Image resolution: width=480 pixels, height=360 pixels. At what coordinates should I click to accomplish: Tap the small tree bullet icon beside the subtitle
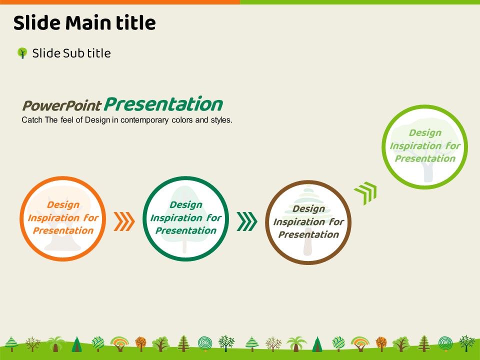[22, 53]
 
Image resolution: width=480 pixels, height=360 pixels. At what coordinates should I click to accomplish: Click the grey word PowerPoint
[61, 106]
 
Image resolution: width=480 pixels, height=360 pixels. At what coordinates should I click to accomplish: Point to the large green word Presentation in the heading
[163, 104]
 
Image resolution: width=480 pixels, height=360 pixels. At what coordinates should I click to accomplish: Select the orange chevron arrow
[124, 221]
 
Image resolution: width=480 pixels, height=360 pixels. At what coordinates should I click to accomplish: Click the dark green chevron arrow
[246, 221]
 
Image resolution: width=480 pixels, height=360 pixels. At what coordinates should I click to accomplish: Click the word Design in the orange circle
[63, 205]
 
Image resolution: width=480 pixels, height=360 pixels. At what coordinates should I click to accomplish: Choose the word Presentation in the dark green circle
[186, 230]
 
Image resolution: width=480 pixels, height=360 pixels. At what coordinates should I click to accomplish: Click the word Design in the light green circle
[425, 133]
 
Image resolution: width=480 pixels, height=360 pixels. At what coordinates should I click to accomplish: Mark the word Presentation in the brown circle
[308, 234]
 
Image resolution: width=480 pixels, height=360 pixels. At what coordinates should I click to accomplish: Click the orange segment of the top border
[120, 2]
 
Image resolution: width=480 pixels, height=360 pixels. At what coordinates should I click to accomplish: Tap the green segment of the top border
[360, 2]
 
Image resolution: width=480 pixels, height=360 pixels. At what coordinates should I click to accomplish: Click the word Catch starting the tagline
[32, 120]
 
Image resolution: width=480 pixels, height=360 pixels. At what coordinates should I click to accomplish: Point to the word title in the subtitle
[99, 53]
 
